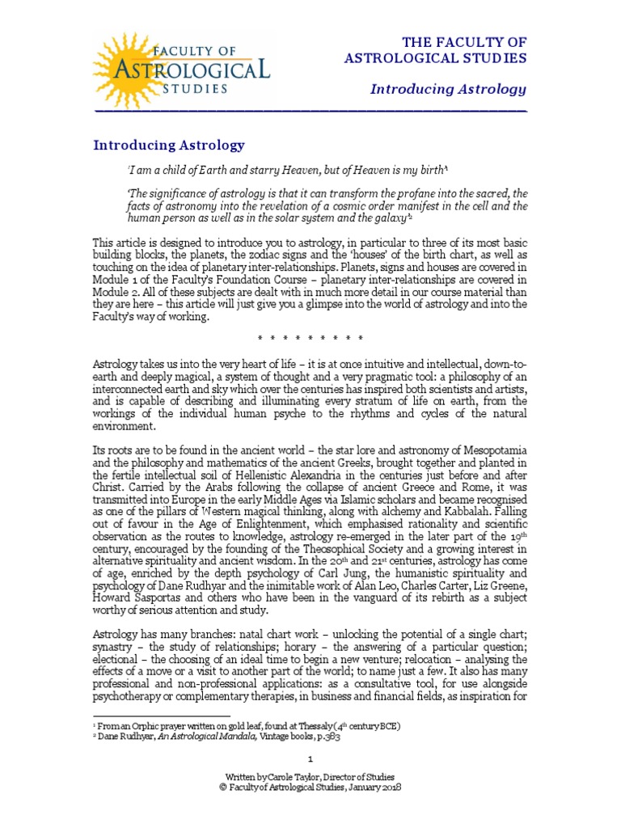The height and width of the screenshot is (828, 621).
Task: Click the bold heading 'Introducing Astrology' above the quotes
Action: [168, 146]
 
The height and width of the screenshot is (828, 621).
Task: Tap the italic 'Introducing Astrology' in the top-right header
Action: [448, 89]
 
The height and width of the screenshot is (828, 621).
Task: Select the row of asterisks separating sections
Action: [310, 337]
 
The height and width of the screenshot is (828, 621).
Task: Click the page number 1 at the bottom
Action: [310, 758]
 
